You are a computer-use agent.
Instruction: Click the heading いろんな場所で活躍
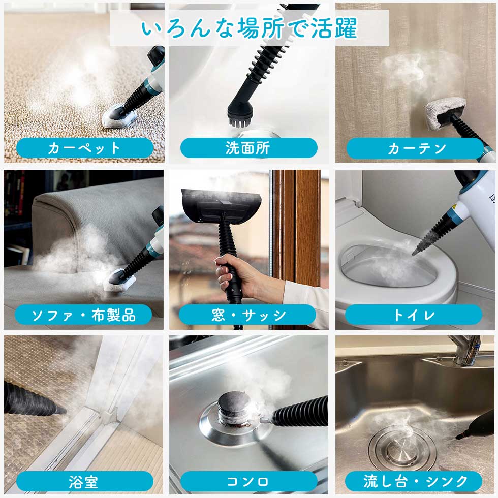[249, 29]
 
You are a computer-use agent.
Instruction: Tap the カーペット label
[84, 148]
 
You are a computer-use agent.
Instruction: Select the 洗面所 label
[248, 148]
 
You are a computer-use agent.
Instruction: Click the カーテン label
[415, 148]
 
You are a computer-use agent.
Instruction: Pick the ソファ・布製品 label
[83, 315]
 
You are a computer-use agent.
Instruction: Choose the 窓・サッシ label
[248, 315]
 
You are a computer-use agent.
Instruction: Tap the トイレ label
[414, 315]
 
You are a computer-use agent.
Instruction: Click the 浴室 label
[84, 481]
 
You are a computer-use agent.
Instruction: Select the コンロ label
[248, 481]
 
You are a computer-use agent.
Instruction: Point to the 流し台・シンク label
[414, 481]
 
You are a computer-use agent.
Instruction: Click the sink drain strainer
[402, 447]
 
